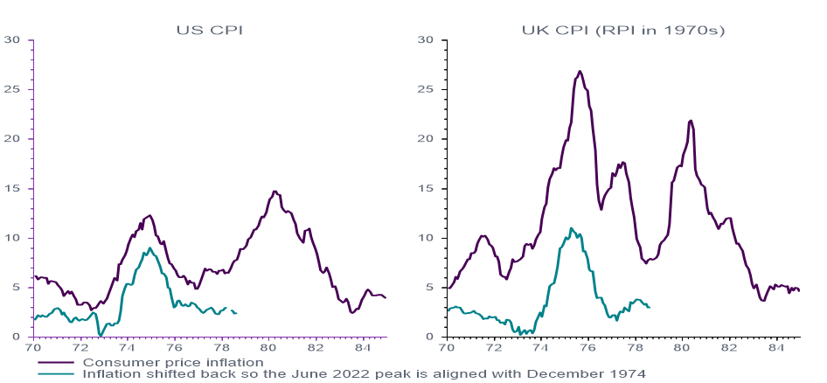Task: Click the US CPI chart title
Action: tap(210, 30)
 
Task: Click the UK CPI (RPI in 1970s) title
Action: tap(623, 30)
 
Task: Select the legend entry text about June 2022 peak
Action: tap(364, 373)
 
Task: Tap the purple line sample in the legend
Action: tap(57, 362)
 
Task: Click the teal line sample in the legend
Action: tap(57, 373)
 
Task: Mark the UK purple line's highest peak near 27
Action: tap(580, 72)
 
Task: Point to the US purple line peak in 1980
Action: tap(275, 191)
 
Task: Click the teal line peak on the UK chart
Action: tap(571, 228)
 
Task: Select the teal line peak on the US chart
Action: tap(150, 248)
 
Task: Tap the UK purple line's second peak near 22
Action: tap(691, 121)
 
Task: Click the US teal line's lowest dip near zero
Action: tap(101, 335)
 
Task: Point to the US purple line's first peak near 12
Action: tap(149, 215)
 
